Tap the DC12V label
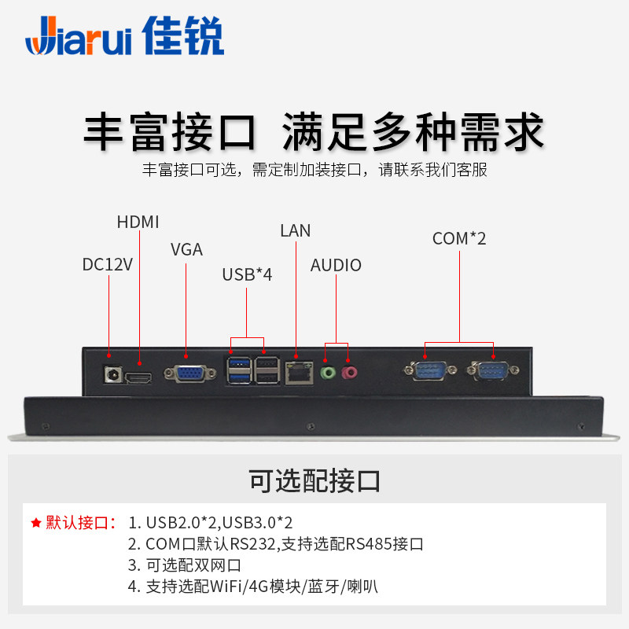[108, 264]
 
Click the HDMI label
[139, 222]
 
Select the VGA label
[186, 250]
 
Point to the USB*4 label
[247, 274]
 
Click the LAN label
[295, 230]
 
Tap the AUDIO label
[336, 266]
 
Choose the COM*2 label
[459, 238]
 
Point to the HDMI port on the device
[140, 376]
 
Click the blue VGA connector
[186, 373]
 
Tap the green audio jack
[329, 371]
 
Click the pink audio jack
[351, 371]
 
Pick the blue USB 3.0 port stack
[237, 370]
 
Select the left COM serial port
[426, 370]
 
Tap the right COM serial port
[493, 370]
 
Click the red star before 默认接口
[35, 523]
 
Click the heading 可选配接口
[314, 479]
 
